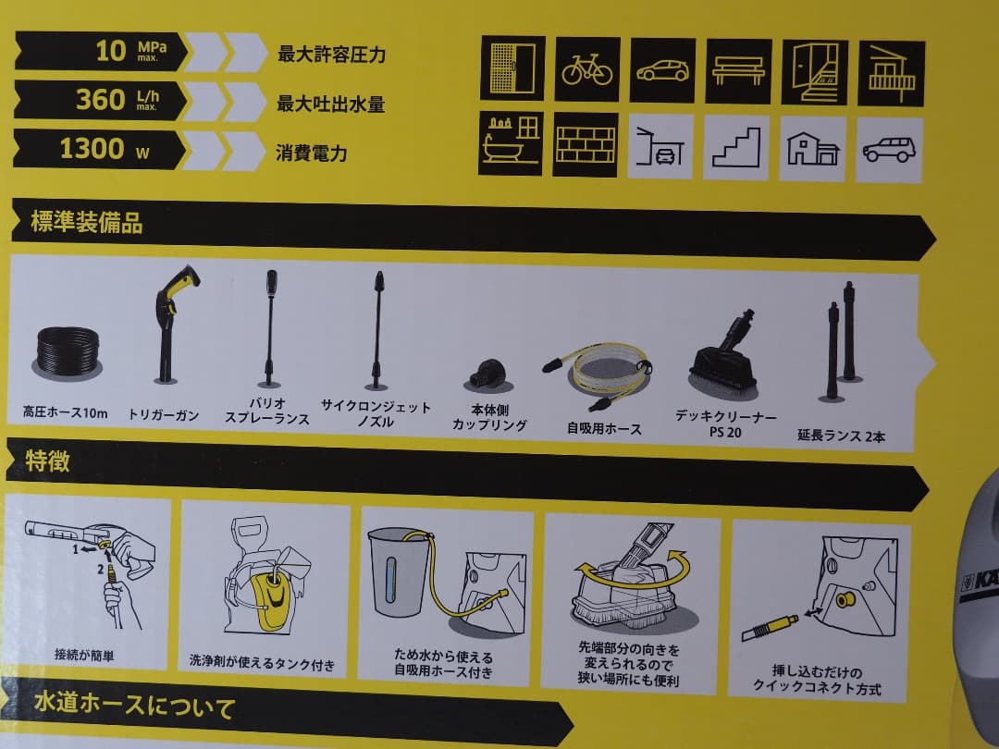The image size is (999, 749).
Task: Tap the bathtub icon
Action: [511, 143]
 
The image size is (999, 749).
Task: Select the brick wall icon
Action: [585, 145]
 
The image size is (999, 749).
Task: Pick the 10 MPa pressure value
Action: [111, 50]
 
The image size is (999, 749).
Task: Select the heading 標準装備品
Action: [87, 222]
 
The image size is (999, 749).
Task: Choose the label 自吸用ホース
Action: [604, 429]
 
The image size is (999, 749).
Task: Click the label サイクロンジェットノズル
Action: [376, 414]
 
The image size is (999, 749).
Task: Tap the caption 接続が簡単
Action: [85, 656]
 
